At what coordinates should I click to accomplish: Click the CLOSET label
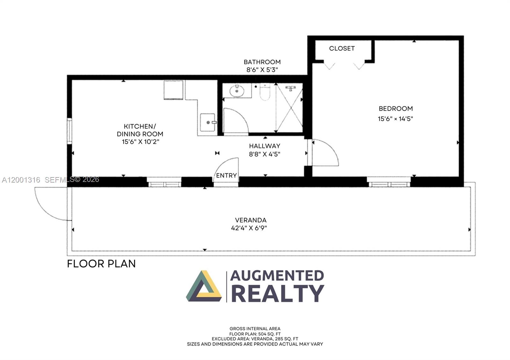(342, 48)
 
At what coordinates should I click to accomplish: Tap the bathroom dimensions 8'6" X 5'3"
(262, 70)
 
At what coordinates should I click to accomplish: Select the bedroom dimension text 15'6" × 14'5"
(395, 119)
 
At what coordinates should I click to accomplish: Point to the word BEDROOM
(396, 109)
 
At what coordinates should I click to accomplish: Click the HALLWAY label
(265, 146)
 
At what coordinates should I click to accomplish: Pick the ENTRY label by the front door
(226, 176)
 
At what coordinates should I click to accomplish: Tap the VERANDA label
(251, 220)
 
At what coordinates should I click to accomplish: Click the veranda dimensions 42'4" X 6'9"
(249, 228)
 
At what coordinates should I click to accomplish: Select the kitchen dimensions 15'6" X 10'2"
(140, 142)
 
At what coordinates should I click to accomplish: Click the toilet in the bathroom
(265, 91)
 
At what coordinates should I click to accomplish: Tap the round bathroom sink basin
(237, 91)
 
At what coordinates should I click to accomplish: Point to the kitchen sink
(208, 122)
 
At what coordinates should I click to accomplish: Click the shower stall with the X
(289, 107)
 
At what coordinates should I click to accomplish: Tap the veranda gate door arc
(51, 204)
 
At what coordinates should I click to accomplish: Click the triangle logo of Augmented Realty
(204, 287)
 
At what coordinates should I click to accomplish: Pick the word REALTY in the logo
(277, 293)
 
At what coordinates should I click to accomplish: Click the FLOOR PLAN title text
(101, 264)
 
